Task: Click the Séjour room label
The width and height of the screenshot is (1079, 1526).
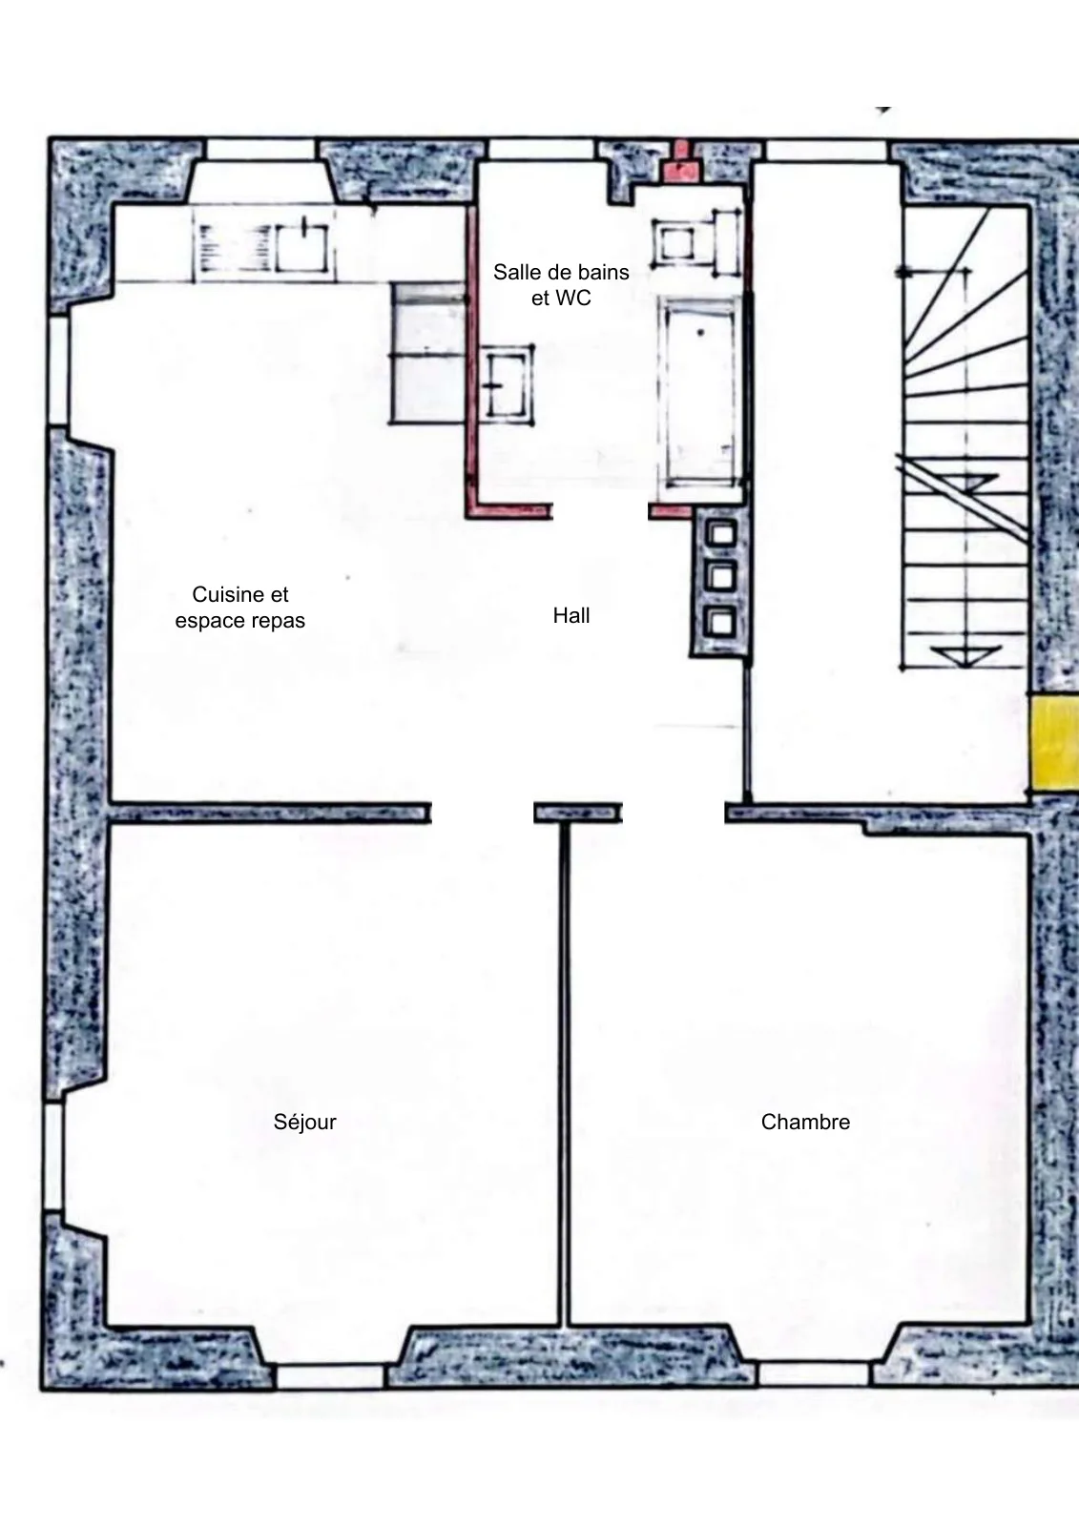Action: [x=304, y=1122]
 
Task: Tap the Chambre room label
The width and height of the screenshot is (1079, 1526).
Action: [x=805, y=1122]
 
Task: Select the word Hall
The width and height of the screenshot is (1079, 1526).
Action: [x=571, y=616]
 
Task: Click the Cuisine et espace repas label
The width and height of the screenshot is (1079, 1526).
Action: [x=239, y=608]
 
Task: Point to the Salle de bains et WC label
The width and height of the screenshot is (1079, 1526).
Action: [x=561, y=285]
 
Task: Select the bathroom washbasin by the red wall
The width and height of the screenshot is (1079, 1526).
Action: [x=508, y=384]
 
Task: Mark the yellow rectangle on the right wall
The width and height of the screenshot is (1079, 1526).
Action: [x=1054, y=743]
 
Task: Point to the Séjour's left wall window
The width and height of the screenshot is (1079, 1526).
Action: [x=54, y=1157]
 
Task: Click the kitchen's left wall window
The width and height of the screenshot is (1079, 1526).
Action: [x=58, y=371]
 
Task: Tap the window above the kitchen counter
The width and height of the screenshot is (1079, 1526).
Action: [x=261, y=151]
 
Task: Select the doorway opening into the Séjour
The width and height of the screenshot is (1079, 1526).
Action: [x=483, y=813]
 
